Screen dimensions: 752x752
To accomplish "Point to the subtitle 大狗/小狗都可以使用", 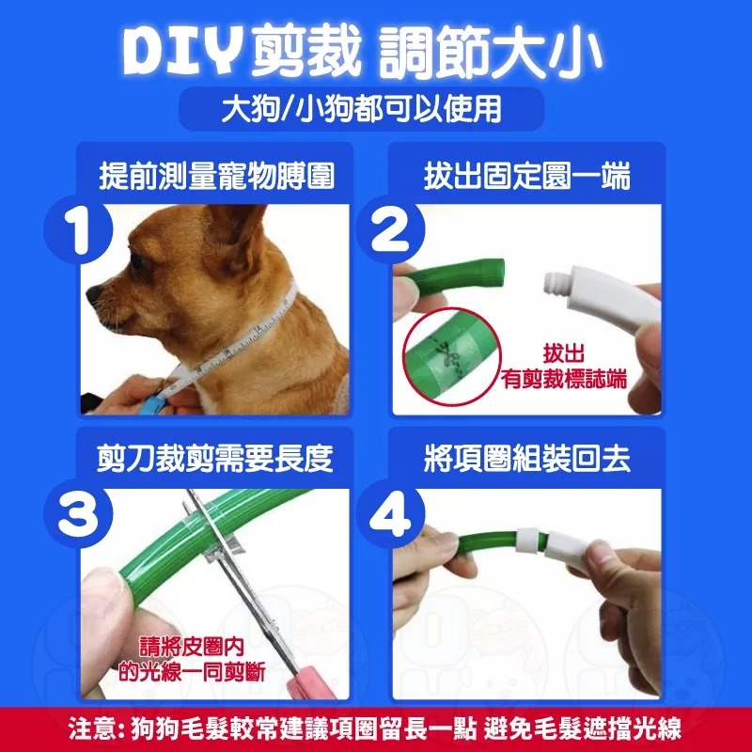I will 375,108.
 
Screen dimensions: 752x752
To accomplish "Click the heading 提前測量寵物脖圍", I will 217,176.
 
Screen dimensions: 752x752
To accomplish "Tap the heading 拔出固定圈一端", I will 526,176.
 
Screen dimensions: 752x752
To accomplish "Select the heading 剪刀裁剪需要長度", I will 217,460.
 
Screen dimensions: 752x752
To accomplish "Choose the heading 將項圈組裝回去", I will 526,460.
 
